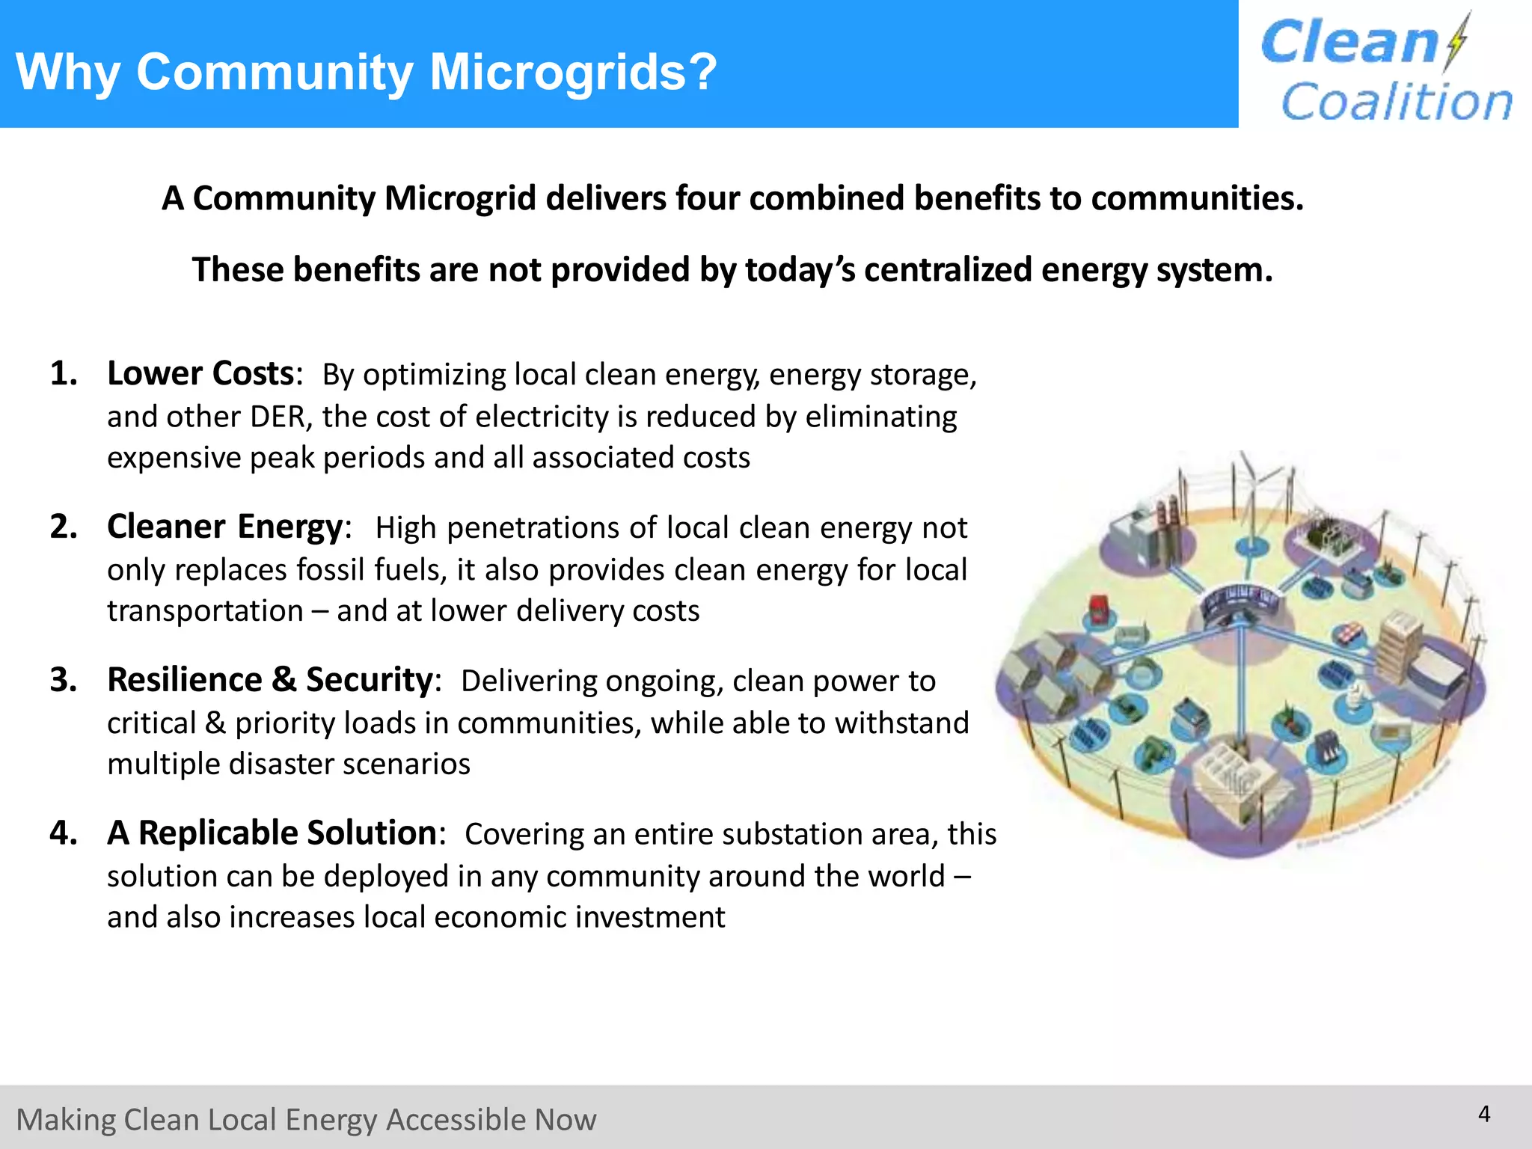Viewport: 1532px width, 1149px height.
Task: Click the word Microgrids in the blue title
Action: click(573, 73)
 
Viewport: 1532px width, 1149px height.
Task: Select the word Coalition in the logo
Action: click(1397, 102)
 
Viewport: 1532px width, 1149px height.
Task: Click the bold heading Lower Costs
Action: click(200, 373)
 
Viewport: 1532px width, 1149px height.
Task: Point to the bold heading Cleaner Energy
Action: click(225, 527)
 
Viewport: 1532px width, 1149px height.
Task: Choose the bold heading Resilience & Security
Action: click(270, 680)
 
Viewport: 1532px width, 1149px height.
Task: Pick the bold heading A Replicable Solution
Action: click(272, 833)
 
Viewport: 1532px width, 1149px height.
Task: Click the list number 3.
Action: click(64, 680)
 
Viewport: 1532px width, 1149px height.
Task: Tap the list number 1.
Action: click(64, 373)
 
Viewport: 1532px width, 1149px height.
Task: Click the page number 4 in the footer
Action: click(1484, 1114)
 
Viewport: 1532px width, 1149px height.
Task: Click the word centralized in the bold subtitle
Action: click(946, 269)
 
